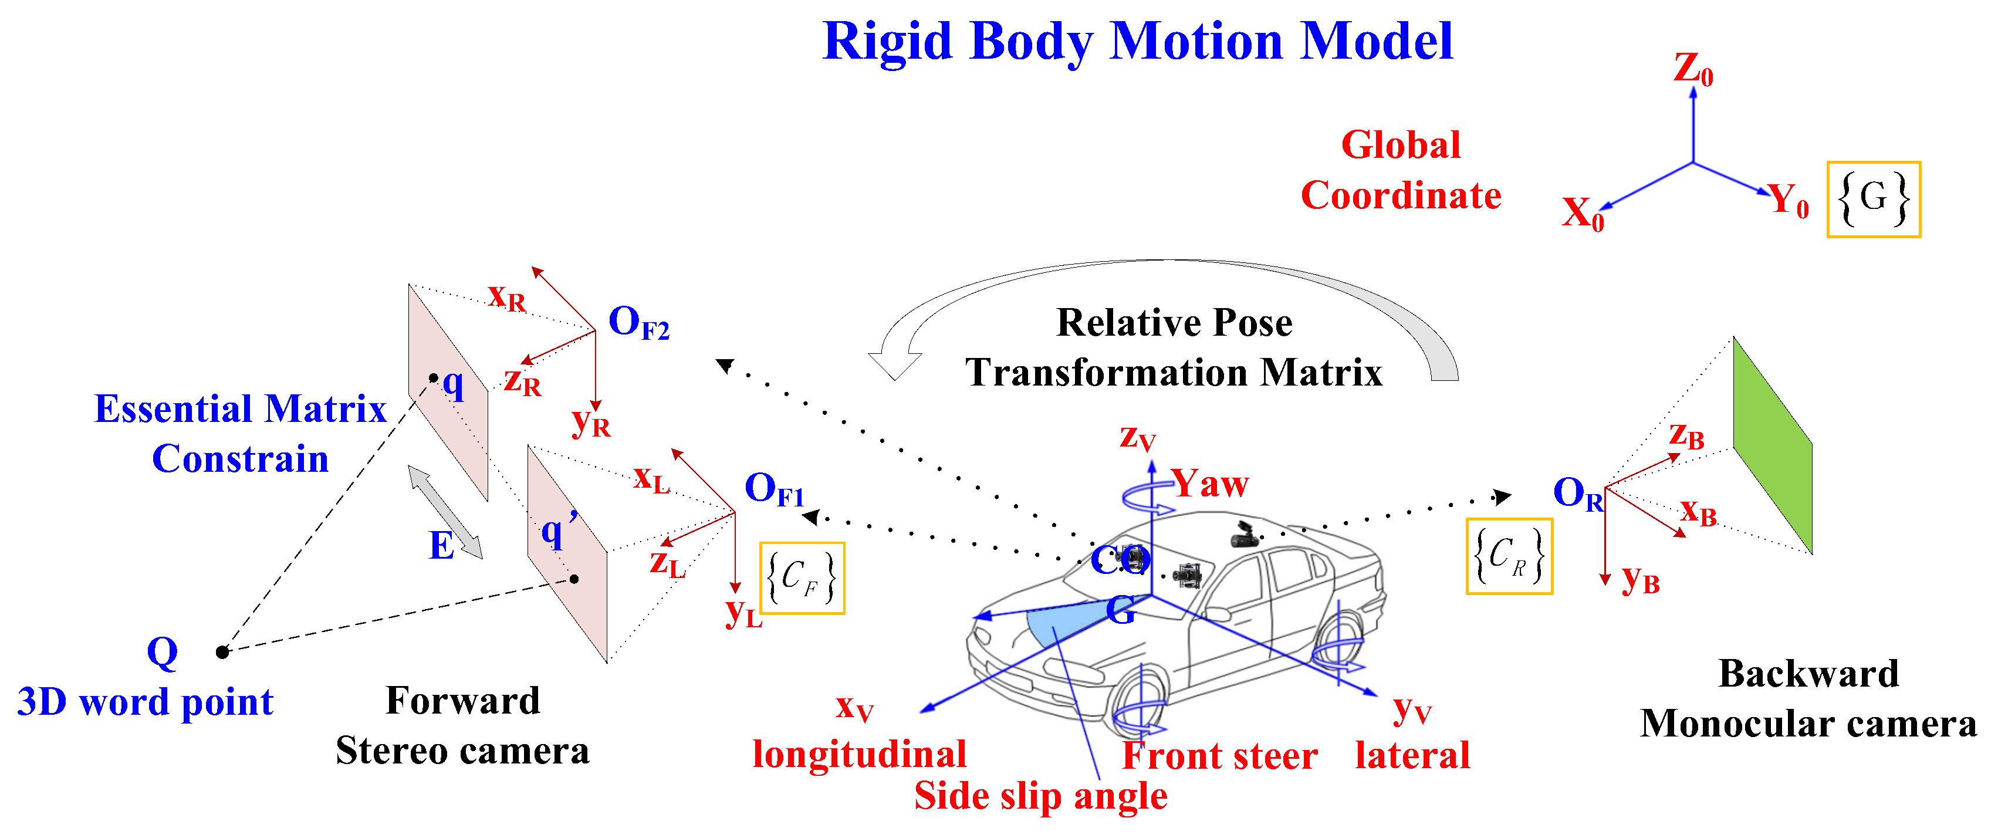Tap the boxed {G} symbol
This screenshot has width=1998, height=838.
1873,200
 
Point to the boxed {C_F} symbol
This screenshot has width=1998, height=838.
802,578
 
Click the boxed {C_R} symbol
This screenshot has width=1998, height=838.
1509,556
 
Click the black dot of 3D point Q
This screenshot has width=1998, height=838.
222,652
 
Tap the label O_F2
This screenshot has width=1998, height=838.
638,322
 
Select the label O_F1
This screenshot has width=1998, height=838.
773,489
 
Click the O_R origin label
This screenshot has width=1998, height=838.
1577,494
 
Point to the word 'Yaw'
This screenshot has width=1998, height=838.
1210,484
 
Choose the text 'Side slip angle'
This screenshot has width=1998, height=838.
1040,796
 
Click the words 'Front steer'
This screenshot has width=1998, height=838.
1219,756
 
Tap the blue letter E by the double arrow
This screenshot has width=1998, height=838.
441,546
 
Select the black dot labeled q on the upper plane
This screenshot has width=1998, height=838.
434,378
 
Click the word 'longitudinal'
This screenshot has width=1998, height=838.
860,754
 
